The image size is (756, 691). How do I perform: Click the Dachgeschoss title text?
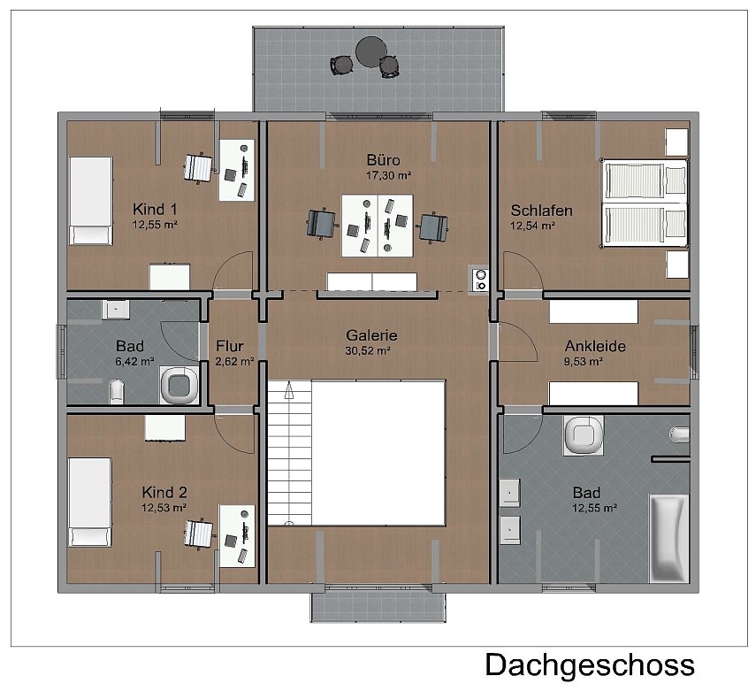pos(590,664)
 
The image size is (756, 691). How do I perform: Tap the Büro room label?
pos(384,160)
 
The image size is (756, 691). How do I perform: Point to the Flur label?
pos(230,346)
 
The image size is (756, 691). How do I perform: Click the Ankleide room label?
pos(595,346)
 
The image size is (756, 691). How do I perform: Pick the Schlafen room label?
pos(541,211)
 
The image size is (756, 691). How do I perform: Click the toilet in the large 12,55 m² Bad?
pos(583,434)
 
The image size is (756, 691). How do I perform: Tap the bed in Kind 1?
pos(90,201)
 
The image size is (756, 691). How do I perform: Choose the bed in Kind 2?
pos(90,501)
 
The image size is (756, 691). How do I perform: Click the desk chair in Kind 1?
pos(200,166)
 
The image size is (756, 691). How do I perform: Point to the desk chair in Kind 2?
pos(200,533)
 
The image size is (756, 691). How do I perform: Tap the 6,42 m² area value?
pos(135,361)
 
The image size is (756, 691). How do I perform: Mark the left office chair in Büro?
pos(320,222)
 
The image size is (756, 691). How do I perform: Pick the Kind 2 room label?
pos(164,492)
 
